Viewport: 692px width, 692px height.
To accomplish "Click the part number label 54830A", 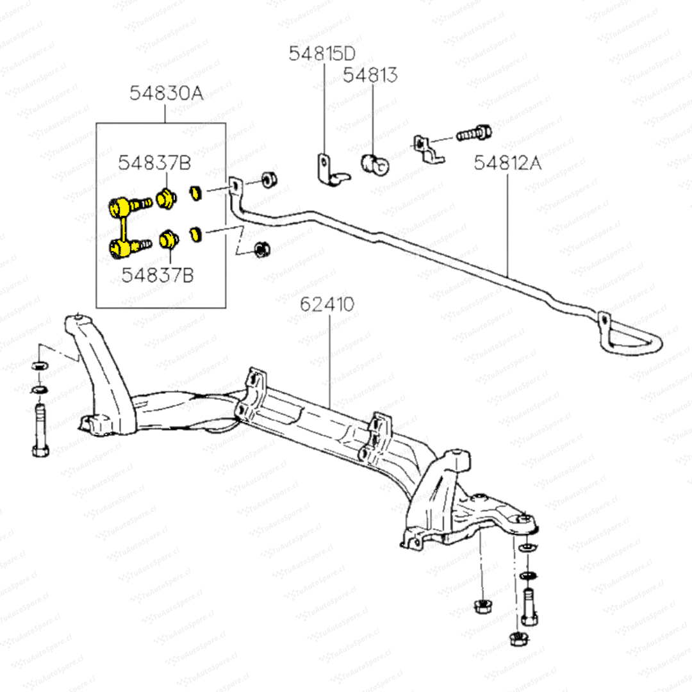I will [x=166, y=94].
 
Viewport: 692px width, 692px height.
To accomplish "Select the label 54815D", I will [x=322, y=54].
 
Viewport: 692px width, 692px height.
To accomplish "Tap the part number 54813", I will [x=370, y=75].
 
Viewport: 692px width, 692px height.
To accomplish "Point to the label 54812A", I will [x=507, y=163].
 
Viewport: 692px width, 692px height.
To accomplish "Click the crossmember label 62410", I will [x=327, y=304].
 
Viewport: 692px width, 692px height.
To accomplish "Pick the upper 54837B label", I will [x=154, y=163].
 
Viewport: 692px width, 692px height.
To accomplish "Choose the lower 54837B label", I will [x=158, y=275].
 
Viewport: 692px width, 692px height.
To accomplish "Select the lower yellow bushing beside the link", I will [x=167, y=240].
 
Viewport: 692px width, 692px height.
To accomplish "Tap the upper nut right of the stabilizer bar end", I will [x=269, y=179].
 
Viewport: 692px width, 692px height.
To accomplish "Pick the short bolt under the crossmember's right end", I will [x=529, y=608].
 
